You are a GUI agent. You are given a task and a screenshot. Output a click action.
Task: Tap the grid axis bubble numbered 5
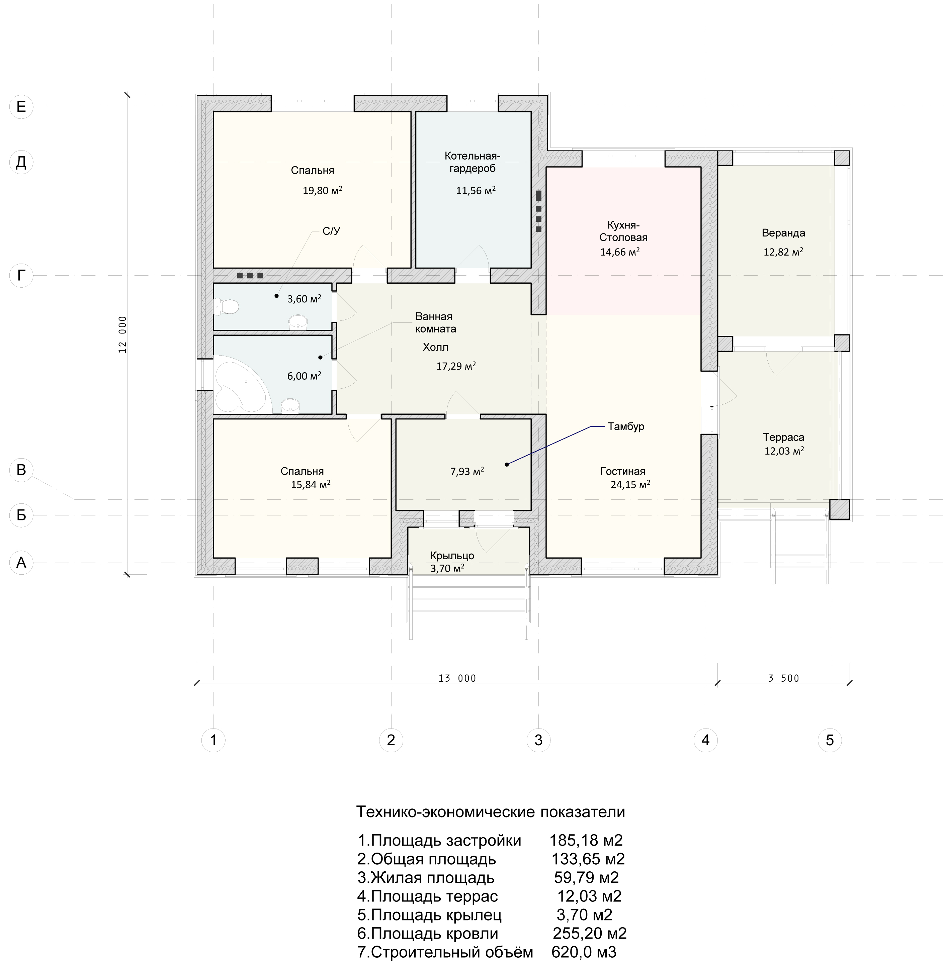pyautogui.click(x=830, y=740)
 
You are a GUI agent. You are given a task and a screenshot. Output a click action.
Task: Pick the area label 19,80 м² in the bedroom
pyautogui.click(x=322, y=190)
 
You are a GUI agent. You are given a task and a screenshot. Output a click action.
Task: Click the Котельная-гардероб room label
pyautogui.click(x=472, y=162)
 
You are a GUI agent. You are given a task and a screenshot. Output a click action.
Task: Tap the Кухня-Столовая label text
pyautogui.click(x=623, y=231)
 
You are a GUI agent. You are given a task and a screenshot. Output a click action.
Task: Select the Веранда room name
pyautogui.click(x=783, y=233)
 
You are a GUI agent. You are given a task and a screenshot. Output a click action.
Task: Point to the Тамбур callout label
pyautogui.click(x=626, y=426)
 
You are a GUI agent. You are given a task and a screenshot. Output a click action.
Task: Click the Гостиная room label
pyautogui.click(x=623, y=471)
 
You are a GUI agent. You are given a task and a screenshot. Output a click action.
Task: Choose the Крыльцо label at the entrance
pyautogui.click(x=452, y=556)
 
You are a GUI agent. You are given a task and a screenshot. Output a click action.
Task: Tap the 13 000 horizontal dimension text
pyautogui.click(x=457, y=678)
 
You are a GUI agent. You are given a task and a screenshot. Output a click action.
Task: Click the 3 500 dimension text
pyautogui.click(x=783, y=678)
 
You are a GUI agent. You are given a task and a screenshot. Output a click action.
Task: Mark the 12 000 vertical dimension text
pyautogui.click(x=122, y=334)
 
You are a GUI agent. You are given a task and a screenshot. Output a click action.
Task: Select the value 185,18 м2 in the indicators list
pyautogui.click(x=586, y=840)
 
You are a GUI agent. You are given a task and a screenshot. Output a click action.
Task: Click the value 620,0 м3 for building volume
pyautogui.click(x=584, y=952)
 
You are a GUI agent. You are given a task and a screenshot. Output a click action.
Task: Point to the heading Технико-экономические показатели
pyautogui.click(x=491, y=811)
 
